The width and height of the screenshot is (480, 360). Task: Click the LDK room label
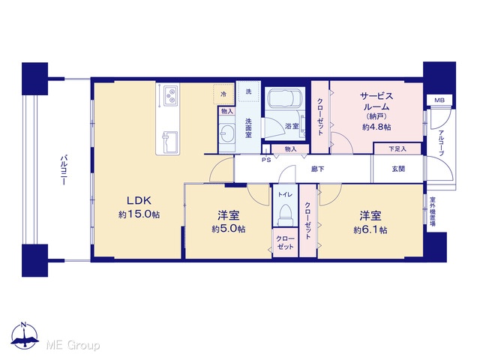coord(139,200)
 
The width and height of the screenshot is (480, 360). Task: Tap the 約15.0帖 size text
coord(139,214)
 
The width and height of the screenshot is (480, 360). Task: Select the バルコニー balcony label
coord(64,170)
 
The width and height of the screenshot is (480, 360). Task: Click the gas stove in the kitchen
coord(170,95)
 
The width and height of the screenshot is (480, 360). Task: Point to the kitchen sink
coord(170,142)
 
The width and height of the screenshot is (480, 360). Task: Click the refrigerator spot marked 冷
coord(223,94)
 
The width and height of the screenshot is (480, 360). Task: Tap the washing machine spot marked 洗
coord(248,91)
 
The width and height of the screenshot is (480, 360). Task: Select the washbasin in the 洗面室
coord(226,133)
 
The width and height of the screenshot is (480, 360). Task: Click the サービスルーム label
coord(376,102)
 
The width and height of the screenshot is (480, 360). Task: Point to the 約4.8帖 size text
coord(376,127)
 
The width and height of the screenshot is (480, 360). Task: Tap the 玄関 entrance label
coord(398,169)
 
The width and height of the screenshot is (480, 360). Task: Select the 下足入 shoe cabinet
coord(397,149)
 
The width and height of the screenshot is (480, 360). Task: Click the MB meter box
coord(439,100)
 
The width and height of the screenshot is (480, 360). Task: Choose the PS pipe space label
coord(266,160)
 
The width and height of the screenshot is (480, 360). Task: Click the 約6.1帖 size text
coord(370,230)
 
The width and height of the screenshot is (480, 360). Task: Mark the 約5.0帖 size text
coord(228,229)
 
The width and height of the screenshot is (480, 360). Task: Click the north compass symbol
coord(25,335)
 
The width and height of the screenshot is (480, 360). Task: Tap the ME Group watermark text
coord(73,345)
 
